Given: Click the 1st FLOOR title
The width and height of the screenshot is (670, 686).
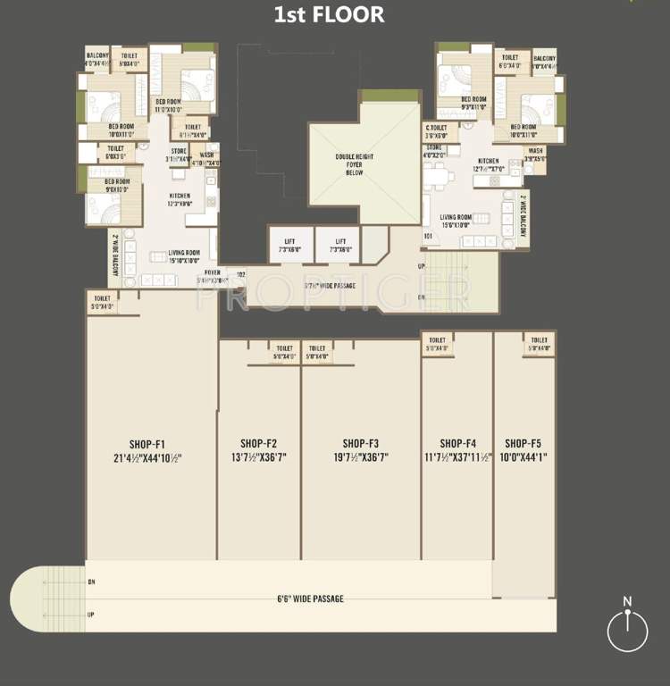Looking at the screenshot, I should coord(329,14).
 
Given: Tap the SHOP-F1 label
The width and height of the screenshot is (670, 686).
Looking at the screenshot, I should coord(147,443).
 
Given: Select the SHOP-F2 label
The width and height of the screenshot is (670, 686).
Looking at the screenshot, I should coord(259,443).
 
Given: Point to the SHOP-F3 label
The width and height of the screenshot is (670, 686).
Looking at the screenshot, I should coord(361,443).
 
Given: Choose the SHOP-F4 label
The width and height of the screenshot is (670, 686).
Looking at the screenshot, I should coord(457,443).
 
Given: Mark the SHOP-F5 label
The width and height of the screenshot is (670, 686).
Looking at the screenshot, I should coord(523,443).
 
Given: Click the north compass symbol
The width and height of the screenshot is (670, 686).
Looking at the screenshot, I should coord(627,631).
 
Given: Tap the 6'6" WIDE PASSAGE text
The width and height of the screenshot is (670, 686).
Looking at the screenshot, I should coord(311,598).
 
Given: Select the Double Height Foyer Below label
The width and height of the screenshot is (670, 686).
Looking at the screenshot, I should coord(355,165).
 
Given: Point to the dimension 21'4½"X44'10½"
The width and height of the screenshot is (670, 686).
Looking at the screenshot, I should coord(147,457).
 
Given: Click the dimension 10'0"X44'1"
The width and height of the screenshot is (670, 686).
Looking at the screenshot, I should coord(523,457).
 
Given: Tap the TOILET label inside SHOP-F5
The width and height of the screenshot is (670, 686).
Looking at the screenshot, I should coord(539,340).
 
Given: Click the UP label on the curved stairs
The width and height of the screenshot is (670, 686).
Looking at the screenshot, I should coord(90,615).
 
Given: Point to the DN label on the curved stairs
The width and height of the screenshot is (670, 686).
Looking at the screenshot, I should coord(90,582).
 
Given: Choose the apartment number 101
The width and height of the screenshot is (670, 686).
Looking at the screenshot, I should coord(428,237).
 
